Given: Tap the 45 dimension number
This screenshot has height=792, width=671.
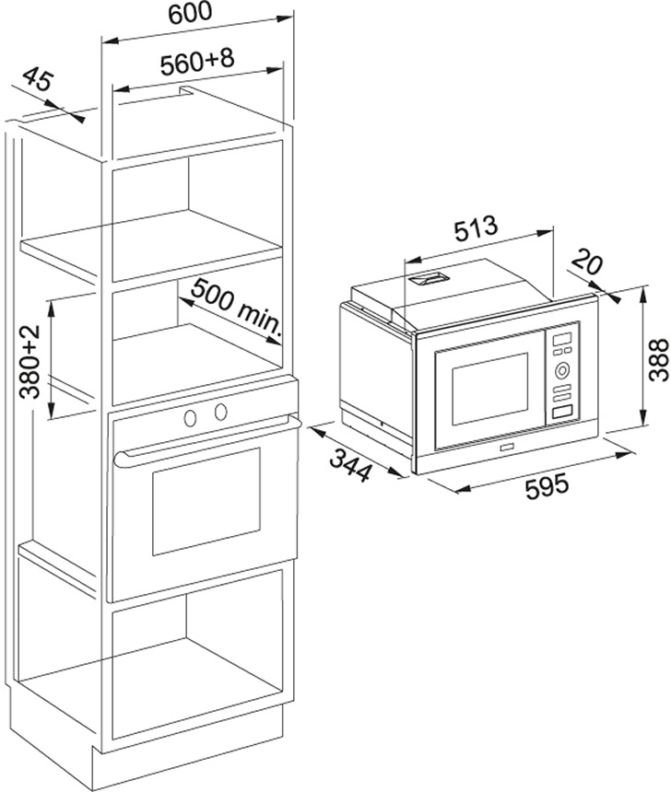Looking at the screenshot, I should coord(38,82).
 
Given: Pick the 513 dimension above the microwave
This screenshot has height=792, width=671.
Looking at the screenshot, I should coord(476,226).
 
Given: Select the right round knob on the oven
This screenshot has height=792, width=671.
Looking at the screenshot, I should coord(221,413).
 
